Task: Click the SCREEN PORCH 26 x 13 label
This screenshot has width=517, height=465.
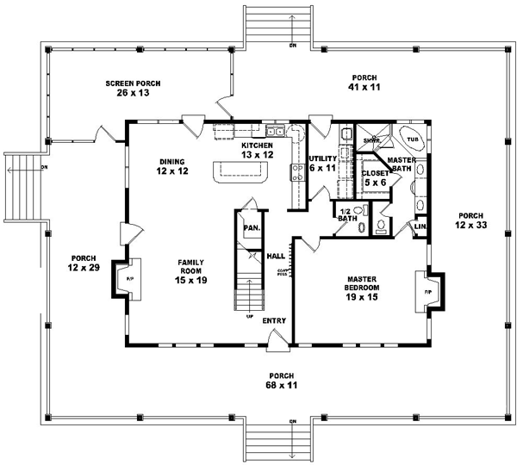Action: click(134, 87)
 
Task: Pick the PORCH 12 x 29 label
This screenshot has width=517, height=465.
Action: click(84, 263)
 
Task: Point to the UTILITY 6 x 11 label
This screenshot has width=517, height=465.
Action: click(322, 164)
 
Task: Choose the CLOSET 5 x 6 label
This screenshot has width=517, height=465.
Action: click(375, 177)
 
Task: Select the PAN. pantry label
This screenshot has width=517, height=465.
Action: click(252, 227)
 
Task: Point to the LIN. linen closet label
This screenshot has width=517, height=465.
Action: click(421, 226)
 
